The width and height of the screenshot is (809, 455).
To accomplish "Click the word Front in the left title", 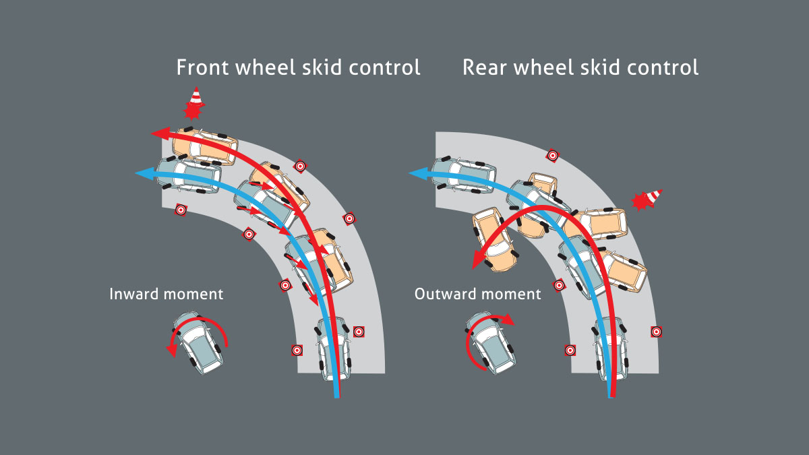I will [201, 67].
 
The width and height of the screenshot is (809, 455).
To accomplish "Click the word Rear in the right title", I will [484, 67].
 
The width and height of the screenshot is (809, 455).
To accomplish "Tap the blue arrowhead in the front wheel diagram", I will [143, 174].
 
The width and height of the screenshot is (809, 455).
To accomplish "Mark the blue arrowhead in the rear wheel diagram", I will [417, 174].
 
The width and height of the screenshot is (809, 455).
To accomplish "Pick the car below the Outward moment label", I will [490, 342].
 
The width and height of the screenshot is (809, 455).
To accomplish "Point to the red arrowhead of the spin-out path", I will [479, 260].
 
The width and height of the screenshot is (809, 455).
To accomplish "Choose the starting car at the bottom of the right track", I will [611, 349].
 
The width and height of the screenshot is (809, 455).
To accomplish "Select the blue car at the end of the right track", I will [463, 175].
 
